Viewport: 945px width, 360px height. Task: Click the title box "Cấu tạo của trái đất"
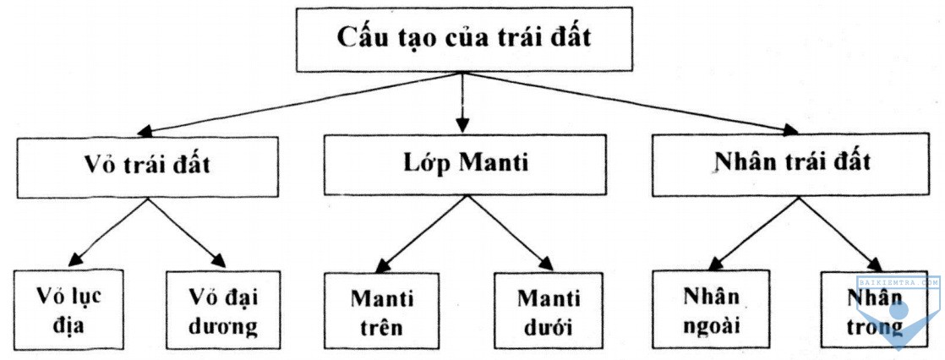[x=464, y=39]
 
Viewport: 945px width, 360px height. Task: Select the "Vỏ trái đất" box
[x=148, y=167]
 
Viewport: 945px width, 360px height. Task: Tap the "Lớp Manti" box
[x=465, y=165]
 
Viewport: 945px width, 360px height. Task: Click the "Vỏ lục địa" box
[x=68, y=309]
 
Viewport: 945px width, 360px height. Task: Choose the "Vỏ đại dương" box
[x=223, y=310]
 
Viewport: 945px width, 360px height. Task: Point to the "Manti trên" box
[x=381, y=310]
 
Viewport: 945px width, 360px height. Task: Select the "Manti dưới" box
[x=549, y=310]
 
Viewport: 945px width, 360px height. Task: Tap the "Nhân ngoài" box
[x=711, y=309]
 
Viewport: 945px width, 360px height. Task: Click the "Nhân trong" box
[x=875, y=309]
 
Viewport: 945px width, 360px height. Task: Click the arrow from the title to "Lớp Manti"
[x=462, y=102]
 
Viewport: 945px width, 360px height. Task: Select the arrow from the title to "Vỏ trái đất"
[x=299, y=103]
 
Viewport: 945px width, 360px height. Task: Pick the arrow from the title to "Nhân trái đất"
[x=631, y=103]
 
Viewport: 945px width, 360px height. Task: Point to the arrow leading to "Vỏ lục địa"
[x=108, y=232]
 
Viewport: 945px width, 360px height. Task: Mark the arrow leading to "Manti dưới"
[x=511, y=232]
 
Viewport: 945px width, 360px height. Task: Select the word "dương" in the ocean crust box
[x=223, y=326]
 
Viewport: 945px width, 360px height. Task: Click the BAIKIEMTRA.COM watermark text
[x=898, y=281]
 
